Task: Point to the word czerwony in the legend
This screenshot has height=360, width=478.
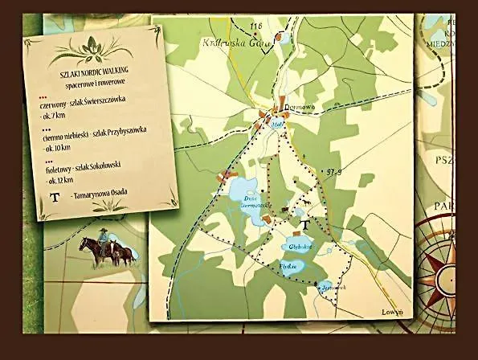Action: coord(54,106)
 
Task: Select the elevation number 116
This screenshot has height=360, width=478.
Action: coord(257,27)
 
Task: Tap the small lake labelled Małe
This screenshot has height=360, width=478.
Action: coord(279,125)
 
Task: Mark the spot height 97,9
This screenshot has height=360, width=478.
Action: coord(335,172)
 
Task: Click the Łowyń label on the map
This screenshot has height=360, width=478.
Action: coord(392,310)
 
